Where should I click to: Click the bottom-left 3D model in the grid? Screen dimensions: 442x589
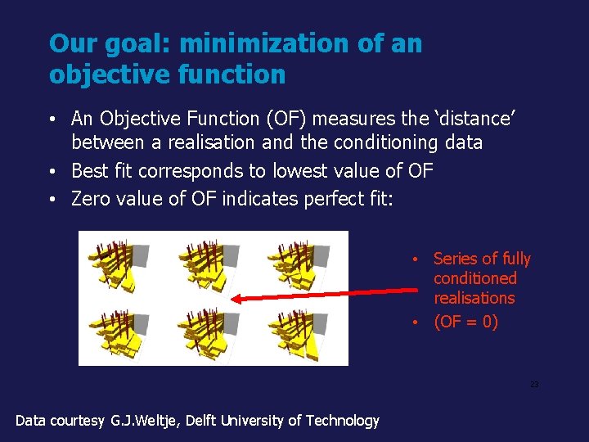tap(119, 331)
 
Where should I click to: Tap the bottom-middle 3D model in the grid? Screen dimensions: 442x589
tap(209, 331)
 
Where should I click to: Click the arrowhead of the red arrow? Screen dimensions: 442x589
tap(236, 299)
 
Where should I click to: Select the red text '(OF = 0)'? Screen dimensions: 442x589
tap(465, 322)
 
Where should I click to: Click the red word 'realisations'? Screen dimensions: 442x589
tap(474, 299)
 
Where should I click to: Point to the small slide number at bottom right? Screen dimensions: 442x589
tap(534, 384)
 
